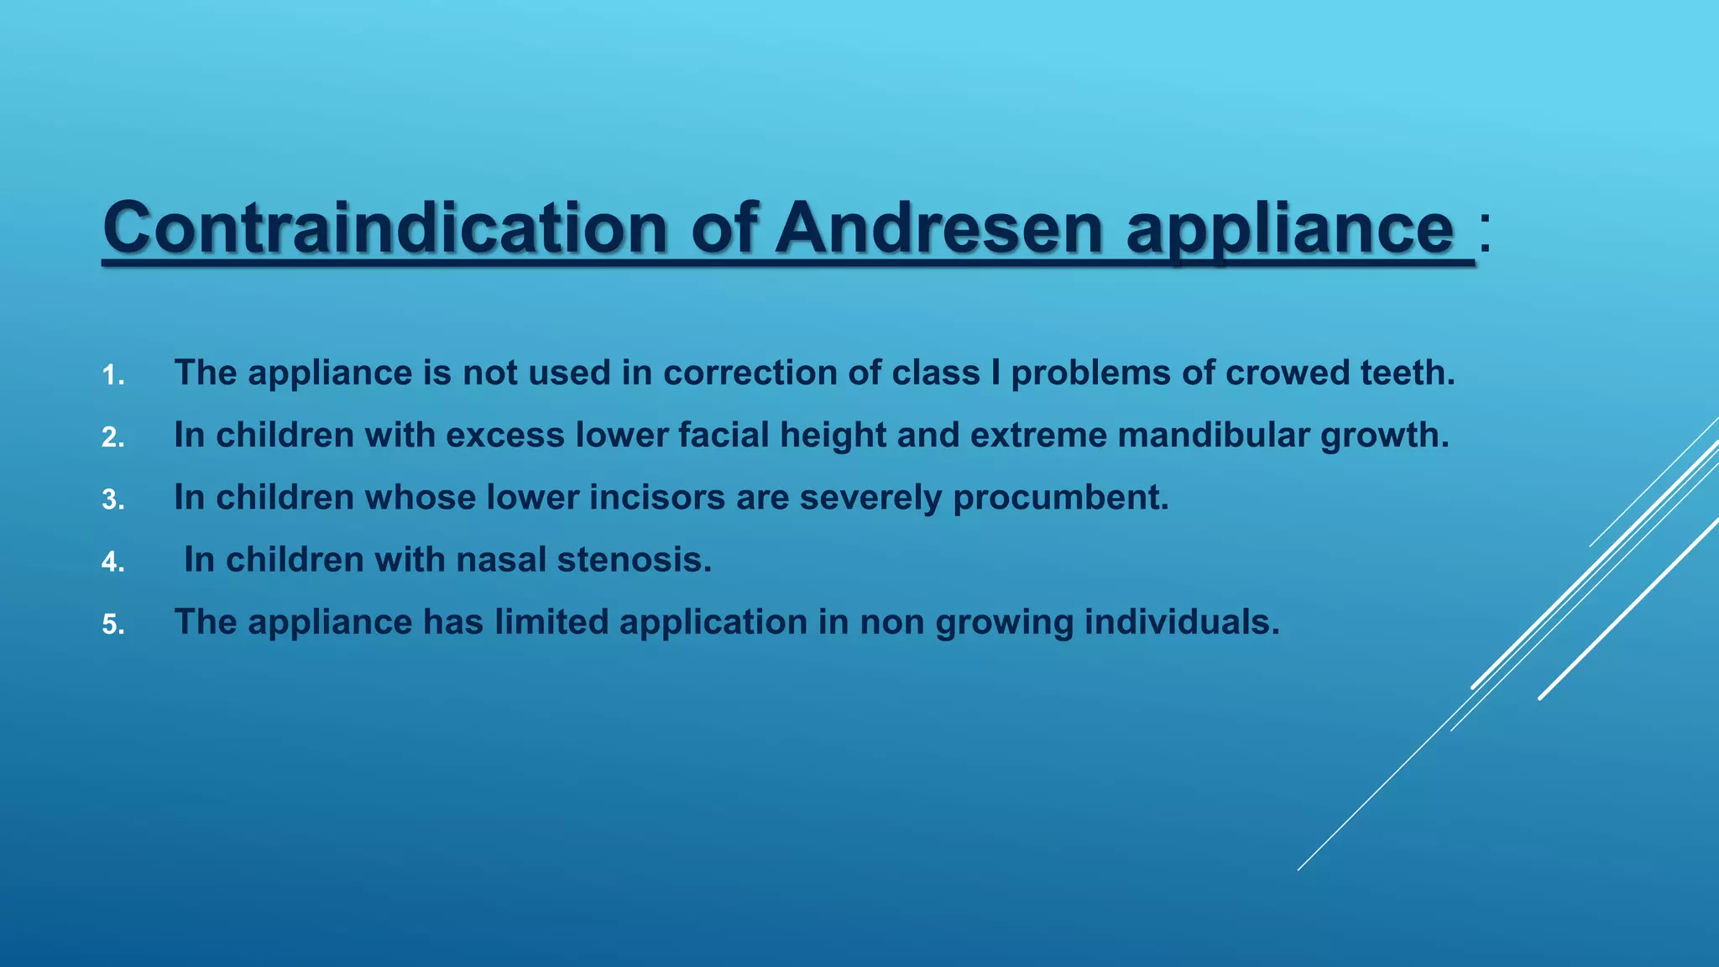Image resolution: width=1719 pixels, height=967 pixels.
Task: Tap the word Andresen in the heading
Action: (x=938, y=228)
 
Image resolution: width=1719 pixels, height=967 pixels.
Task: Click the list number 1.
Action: (x=112, y=375)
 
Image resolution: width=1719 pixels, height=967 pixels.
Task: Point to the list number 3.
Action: (x=112, y=500)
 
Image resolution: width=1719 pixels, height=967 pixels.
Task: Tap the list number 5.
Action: (x=112, y=625)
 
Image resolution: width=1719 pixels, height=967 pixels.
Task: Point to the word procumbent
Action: (x=1061, y=498)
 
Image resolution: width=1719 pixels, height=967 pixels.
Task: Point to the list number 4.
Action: (x=112, y=562)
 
